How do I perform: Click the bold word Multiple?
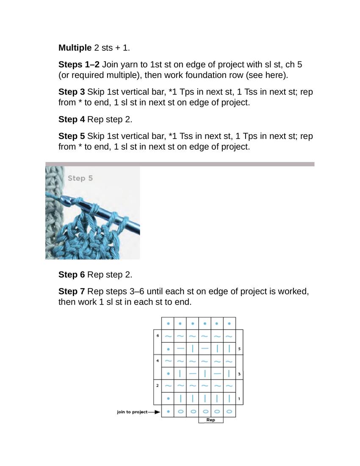[x=75, y=48]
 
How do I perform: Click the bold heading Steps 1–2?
[x=78, y=65]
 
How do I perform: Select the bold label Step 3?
[x=72, y=92]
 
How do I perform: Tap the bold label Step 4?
[x=72, y=119]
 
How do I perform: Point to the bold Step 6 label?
[x=72, y=275]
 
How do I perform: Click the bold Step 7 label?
[x=72, y=291]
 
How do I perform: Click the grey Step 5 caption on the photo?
[x=80, y=178]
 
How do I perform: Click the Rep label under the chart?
[x=210, y=420]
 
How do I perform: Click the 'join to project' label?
[x=132, y=412]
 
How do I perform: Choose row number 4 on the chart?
[x=158, y=361]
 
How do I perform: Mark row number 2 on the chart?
[x=158, y=386]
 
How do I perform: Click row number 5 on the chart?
[x=239, y=349]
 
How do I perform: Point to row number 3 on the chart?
[x=239, y=374]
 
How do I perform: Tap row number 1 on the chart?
[x=239, y=399]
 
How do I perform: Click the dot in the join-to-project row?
[x=168, y=411]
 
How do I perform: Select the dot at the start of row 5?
[x=168, y=349]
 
